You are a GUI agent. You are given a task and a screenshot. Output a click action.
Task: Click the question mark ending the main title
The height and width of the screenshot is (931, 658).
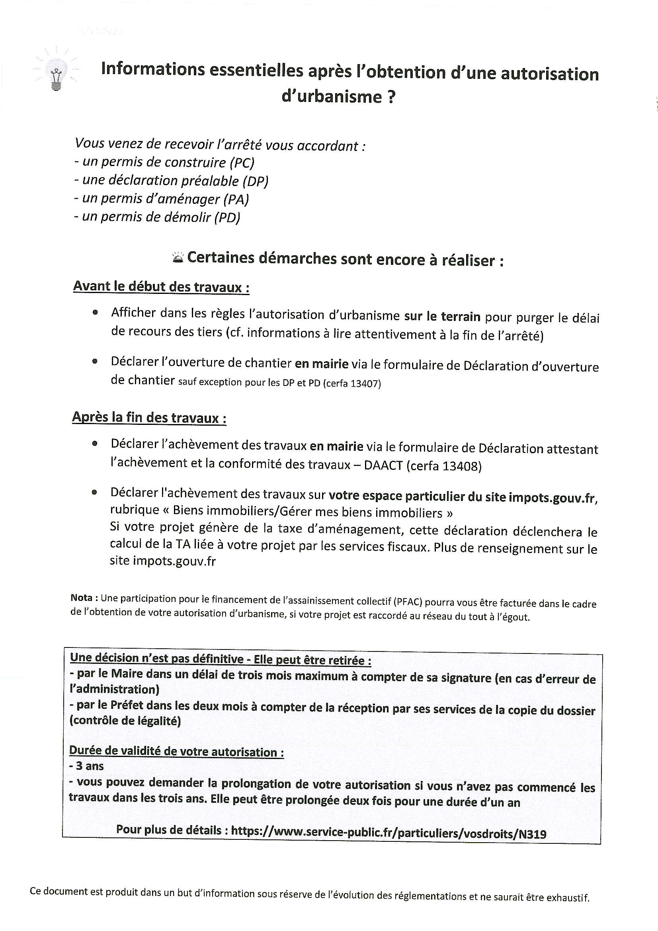[391, 97]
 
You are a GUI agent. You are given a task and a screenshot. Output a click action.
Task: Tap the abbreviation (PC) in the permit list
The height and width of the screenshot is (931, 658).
[242, 163]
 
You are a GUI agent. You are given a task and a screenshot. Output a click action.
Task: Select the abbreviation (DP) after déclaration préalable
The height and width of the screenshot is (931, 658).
[256, 181]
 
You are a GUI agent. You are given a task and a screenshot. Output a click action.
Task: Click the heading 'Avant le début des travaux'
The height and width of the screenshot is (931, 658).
[161, 287]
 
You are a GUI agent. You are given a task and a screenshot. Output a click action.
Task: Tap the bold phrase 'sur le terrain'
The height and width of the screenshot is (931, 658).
[442, 316]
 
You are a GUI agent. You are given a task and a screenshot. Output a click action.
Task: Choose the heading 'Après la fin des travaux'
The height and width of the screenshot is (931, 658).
[149, 417]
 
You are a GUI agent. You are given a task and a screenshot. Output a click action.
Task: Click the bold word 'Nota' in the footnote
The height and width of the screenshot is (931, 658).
[83, 598]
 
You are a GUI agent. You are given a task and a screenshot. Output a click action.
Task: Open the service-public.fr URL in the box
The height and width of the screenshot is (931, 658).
[389, 833]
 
